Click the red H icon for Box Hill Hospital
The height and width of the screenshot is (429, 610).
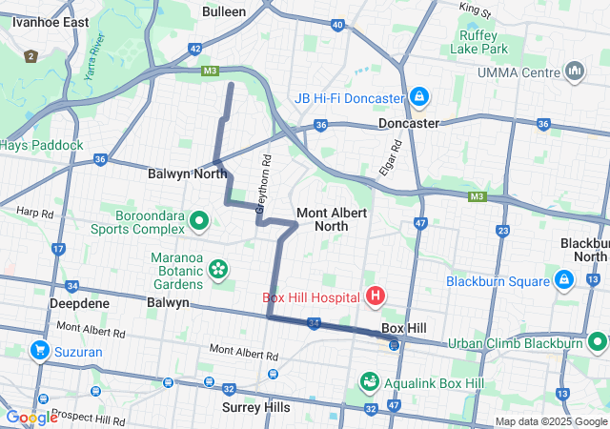(375, 296)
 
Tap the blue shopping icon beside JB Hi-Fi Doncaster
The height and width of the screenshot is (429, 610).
(418, 97)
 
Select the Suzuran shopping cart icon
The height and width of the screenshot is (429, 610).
(40, 351)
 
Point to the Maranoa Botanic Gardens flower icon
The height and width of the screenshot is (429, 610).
(218, 270)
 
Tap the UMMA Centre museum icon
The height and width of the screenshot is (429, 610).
(575, 71)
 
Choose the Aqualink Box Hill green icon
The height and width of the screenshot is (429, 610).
(369, 380)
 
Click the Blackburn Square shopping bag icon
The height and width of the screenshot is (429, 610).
(563, 280)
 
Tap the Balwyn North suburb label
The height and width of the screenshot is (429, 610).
(187, 174)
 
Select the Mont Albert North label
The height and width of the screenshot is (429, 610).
(331, 218)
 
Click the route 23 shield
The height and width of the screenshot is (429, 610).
(501, 231)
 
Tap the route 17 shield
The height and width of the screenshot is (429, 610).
(58, 250)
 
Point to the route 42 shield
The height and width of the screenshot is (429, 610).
(195, 49)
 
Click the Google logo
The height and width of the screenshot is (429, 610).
(31, 417)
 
